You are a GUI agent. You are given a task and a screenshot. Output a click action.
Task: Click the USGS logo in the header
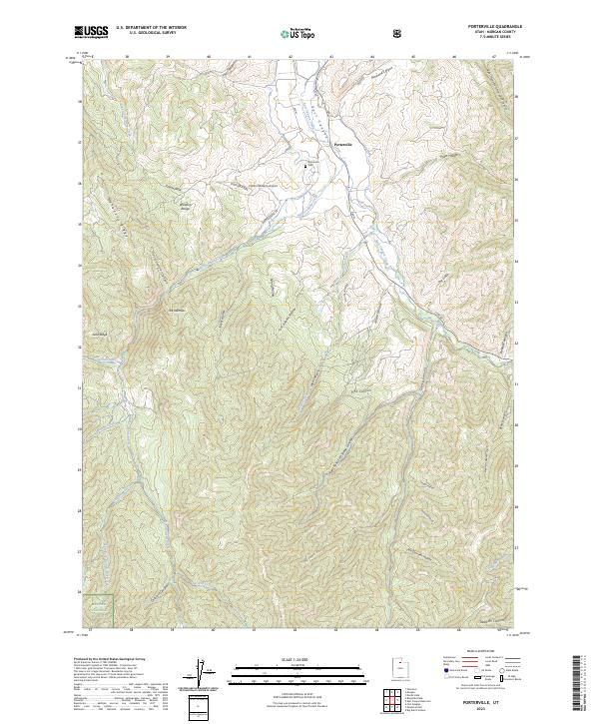[91, 33]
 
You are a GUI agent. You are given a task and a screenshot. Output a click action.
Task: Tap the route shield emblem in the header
[399, 33]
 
